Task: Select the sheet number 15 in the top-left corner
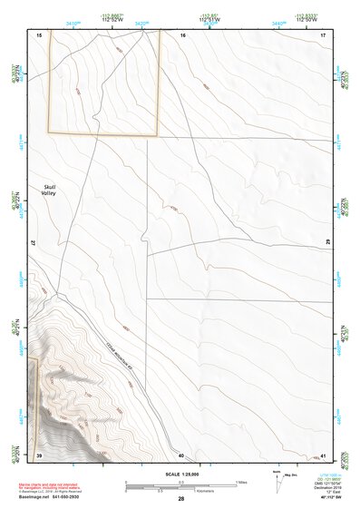pos(38,34)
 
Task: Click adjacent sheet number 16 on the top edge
pos(182,34)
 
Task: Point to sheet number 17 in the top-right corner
pos(324,34)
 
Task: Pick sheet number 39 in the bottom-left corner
pos(38,455)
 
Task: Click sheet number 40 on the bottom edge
pos(181,455)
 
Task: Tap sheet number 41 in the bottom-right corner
pos(324,455)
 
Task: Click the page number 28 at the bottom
pos(181,500)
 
